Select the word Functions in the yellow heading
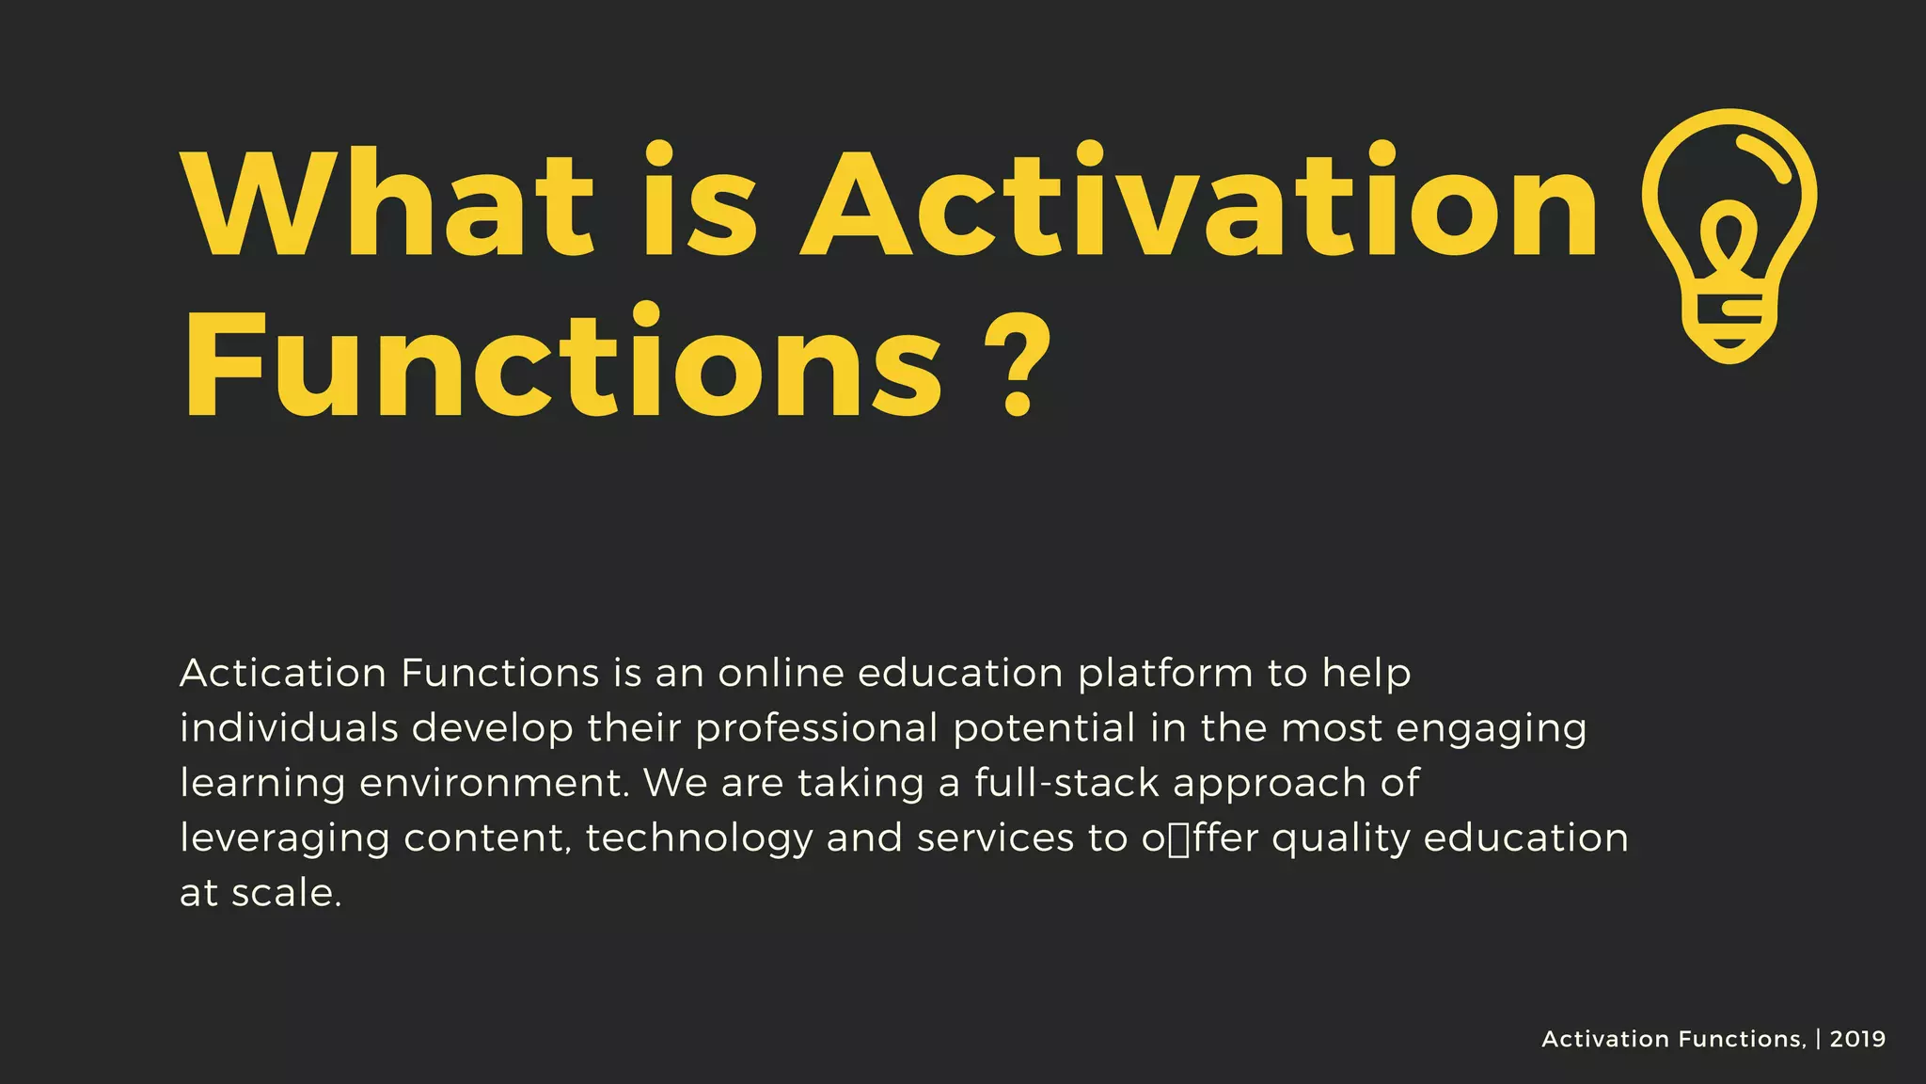coord(564,364)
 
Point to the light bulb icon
coord(1729,235)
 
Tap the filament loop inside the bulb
coord(1729,240)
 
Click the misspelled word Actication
coord(283,674)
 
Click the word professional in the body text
coord(816,729)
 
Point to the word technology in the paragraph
coord(699,838)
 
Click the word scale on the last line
coord(287,893)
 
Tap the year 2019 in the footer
coord(1857,1039)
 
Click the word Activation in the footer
coord(1604,1039)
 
